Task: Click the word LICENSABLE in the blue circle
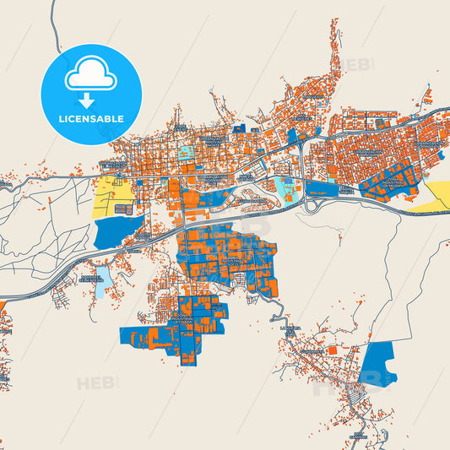(90, 119)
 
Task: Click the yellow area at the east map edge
(438, 194)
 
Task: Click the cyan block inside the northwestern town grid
(185, 153)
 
